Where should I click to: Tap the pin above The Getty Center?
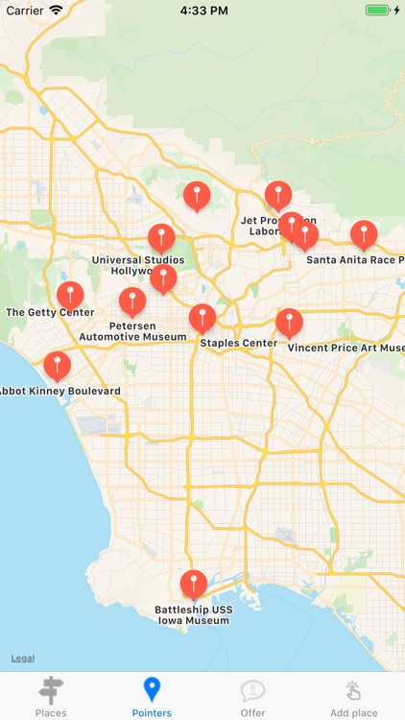coord(70,294)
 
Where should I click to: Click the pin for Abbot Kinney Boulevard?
coord(58,365)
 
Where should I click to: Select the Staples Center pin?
coord(202,316)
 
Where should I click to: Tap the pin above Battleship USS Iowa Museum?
coord(194,582)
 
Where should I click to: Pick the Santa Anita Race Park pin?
coord(364,233)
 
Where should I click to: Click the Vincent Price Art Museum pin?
coord(289,322)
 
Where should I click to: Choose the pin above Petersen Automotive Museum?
coord(132,300)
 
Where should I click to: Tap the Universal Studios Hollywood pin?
coord(161,236)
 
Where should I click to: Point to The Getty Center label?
coord(50,312)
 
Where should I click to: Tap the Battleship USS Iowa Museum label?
coord(194,615)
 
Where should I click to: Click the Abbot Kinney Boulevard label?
coord(60,391)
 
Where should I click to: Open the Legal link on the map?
coord(23,658)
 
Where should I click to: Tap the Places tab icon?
coord(50,690)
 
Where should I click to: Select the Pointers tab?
coord(152,696)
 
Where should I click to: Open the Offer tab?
coord(253,696)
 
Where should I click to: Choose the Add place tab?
coord(353,696)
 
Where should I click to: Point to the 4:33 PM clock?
coord(202,10)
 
